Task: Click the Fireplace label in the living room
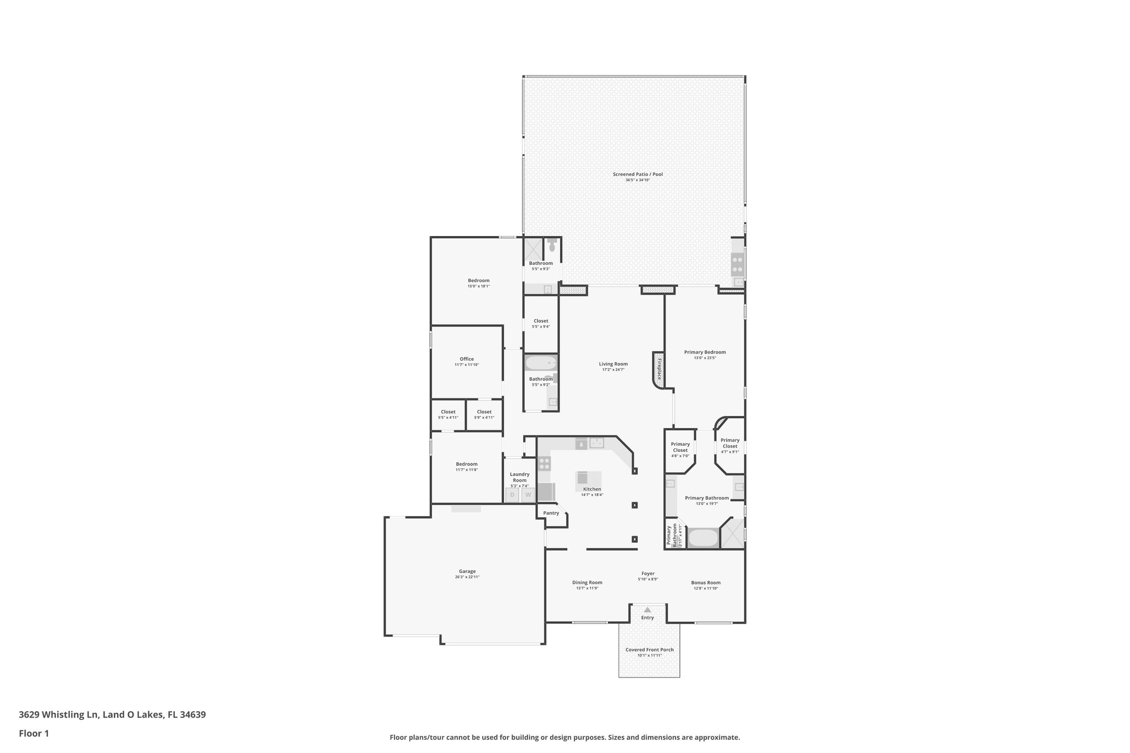658,369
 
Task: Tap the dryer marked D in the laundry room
513,495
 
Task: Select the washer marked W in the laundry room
528,495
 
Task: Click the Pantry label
551,513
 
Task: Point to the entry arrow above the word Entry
647,610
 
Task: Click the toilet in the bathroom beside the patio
552,247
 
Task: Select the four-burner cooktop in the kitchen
545,463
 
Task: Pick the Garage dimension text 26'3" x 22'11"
467,577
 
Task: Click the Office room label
467,359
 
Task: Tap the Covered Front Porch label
649,650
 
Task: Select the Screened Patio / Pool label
637,174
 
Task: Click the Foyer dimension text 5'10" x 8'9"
648,579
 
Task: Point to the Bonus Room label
706,583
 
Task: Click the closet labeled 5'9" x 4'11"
484,414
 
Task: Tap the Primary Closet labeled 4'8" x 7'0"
680,450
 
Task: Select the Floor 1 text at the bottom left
34,734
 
